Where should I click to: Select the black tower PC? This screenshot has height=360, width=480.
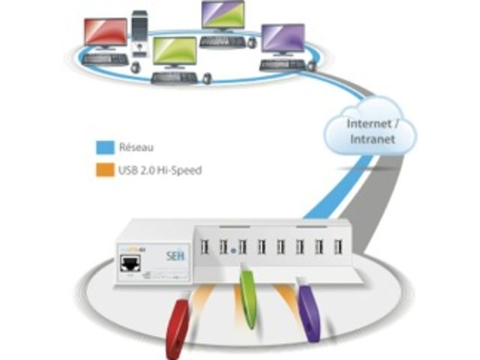(x=140, y=34)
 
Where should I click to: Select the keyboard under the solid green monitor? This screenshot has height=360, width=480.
(x=173, y=76)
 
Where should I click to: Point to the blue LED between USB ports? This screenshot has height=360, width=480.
(x=234, y=246)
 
